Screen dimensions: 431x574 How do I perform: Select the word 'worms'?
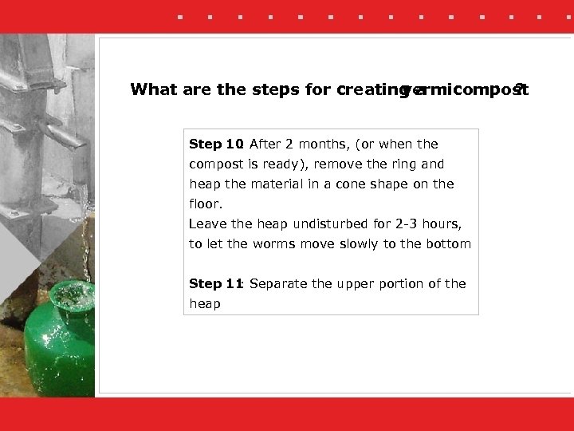(x=272, y=244)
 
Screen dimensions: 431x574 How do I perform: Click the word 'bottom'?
(x=450, y=244)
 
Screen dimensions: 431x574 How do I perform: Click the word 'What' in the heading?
(x=155, y=89)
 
